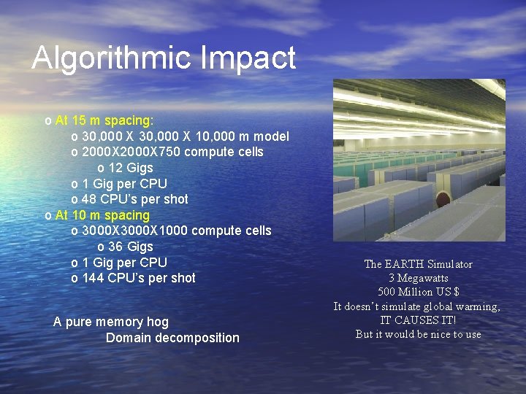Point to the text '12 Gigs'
point(130,168)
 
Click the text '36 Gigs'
point(130,247)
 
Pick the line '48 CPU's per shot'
point(135,199)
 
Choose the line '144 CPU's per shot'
point(139,278)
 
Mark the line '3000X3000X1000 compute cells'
point(176,231)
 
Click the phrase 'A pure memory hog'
point(111,322)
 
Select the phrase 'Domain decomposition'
point(172,338)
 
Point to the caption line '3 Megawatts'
point(418,278)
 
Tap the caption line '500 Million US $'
point(418,292)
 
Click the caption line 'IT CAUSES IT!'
point(418,320)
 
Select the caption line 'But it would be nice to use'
point(418,334)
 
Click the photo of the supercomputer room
point(419,161)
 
